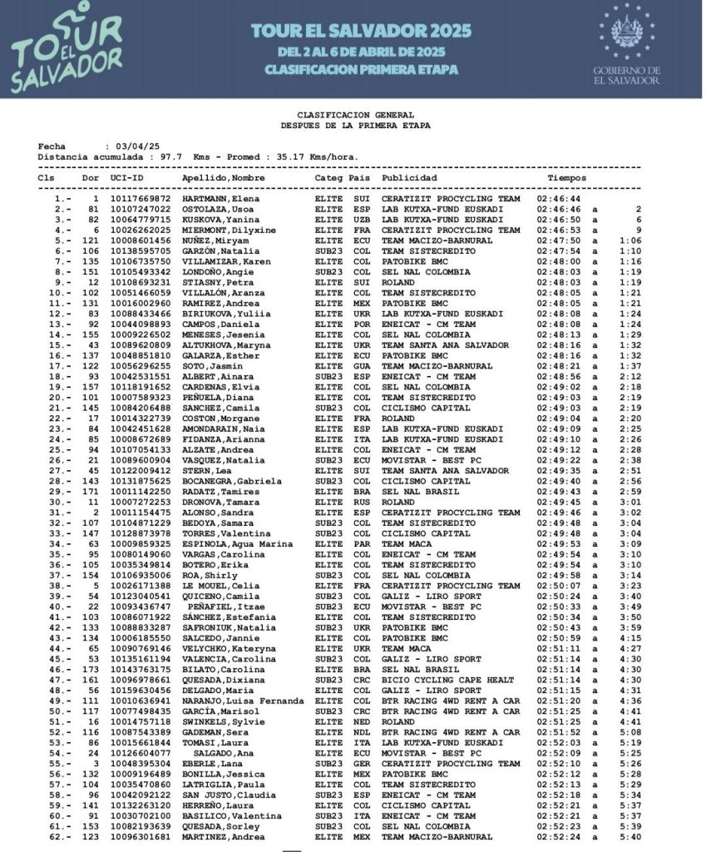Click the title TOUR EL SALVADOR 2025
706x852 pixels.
point(361,32)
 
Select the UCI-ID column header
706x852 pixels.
point(126,178)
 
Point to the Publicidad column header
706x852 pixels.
point(409,178)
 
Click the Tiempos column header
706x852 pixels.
point(566,178)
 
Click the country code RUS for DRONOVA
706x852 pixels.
point(361,503)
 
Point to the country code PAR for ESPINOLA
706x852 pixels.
point(361,544)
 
